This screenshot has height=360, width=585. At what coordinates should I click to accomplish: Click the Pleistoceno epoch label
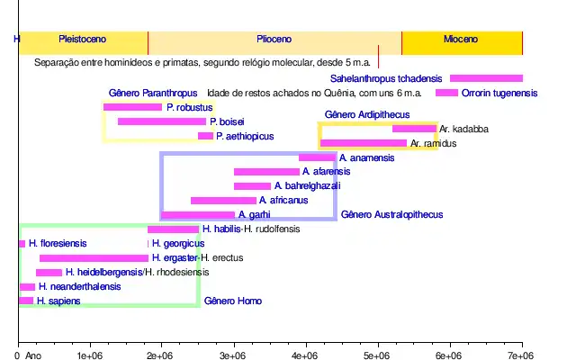(x=82, y=40)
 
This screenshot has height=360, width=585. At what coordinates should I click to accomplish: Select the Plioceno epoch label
(x=274, y=40)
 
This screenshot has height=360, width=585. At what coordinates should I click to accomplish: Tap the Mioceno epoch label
(x=461, y=40)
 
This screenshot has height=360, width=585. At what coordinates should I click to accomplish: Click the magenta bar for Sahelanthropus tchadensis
(x=486, y=79)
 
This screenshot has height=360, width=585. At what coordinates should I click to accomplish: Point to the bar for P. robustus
(x=132, y=108)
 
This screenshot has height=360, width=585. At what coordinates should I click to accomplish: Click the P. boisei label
(x=227, y=121)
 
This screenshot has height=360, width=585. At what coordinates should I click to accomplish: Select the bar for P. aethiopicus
(x=205, y=136)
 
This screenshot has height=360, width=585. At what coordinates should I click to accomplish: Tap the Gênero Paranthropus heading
(x=153, y=94)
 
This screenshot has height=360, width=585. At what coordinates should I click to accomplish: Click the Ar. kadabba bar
(x=414, y=129)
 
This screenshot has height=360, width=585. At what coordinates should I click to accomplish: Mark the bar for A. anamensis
(x=317, y=157)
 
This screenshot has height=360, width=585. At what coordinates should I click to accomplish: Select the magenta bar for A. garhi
(x=198, y=215)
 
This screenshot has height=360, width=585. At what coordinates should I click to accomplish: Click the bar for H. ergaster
(x=94, y=258)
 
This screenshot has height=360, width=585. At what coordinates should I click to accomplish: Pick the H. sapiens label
(x=59, y=301)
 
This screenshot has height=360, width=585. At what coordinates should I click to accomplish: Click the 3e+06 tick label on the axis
(x=233, y=356)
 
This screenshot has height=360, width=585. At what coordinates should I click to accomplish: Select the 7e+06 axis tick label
(x=522, y=356)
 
